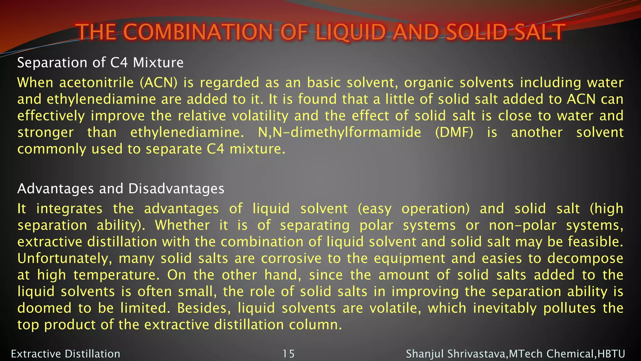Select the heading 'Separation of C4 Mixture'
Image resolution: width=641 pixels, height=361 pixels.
(100, 63)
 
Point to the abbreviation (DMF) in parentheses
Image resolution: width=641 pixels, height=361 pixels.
(454, 132)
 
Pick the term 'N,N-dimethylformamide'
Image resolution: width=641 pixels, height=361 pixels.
(340, 132)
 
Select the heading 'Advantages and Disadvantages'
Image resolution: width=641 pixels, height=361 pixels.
(121, 189)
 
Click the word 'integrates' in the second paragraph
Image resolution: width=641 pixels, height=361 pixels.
(69, 209)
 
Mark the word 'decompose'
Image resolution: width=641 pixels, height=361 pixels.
(585, 259)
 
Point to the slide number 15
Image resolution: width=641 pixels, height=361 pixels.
(289, 354)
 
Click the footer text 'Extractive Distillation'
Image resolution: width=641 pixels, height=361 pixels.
(65, 354)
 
